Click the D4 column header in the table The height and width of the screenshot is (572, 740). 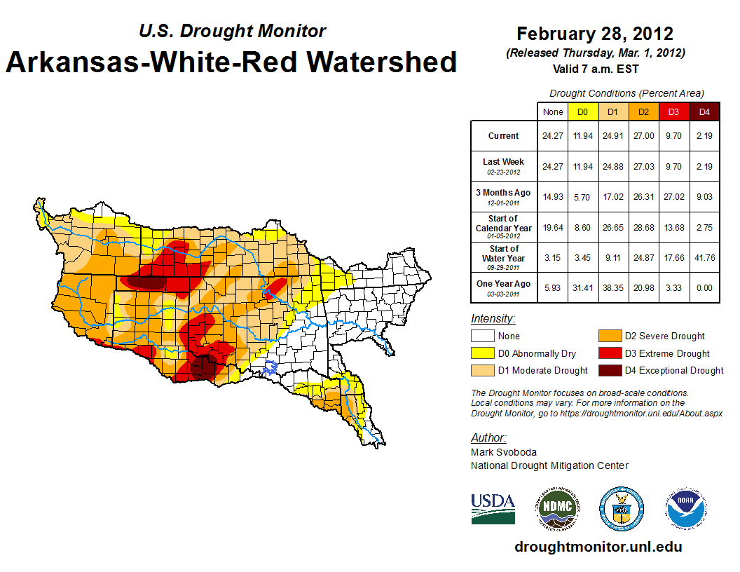(704, 111)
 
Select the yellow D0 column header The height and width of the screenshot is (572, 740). (582, 111)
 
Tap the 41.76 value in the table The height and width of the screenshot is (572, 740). (704, 257)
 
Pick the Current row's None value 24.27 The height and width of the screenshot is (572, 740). (553, 136)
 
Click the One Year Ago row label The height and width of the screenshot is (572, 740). (504, 284)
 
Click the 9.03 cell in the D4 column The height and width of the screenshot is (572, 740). (704, 196)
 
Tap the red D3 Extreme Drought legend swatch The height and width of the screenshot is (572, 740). (608, 353)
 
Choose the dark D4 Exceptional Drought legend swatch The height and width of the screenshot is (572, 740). (608, 370)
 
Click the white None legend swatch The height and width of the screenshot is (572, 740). (483, 336)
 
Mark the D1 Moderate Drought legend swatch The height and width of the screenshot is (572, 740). (483, 370)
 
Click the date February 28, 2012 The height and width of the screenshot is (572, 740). (595, 34)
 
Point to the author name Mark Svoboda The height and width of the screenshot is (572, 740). (504, 452)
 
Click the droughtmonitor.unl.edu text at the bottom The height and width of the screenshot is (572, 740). (598, 547)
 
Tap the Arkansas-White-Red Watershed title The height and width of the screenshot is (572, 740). (231, 62)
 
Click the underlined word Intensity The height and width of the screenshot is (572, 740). (493, 319)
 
